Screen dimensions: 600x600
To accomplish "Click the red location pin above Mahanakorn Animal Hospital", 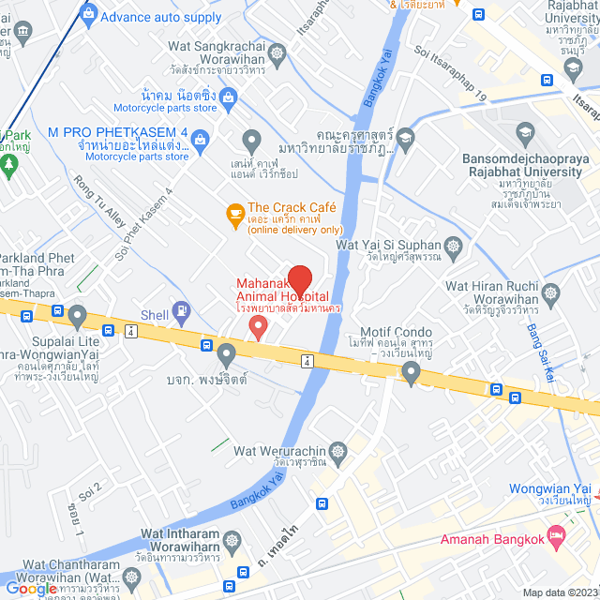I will [x=299, y=280].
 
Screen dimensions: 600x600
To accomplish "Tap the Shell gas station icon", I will [x=181, y=310].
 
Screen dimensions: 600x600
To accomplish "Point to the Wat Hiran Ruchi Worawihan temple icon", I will [x=551, y=294].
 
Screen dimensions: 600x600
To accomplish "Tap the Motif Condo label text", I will [x=396, y=333].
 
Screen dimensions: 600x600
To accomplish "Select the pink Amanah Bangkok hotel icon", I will [x=557, y=538].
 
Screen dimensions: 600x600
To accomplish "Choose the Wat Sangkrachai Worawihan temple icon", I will [x=277, y=53].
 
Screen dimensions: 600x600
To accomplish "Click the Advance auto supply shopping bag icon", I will [x=88, y=13].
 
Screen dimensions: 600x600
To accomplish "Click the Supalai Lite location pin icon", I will [x=77, y=315].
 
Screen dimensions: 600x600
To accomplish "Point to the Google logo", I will [x=31, y=589].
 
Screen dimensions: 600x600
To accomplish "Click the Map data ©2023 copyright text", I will [x=558, y=592].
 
